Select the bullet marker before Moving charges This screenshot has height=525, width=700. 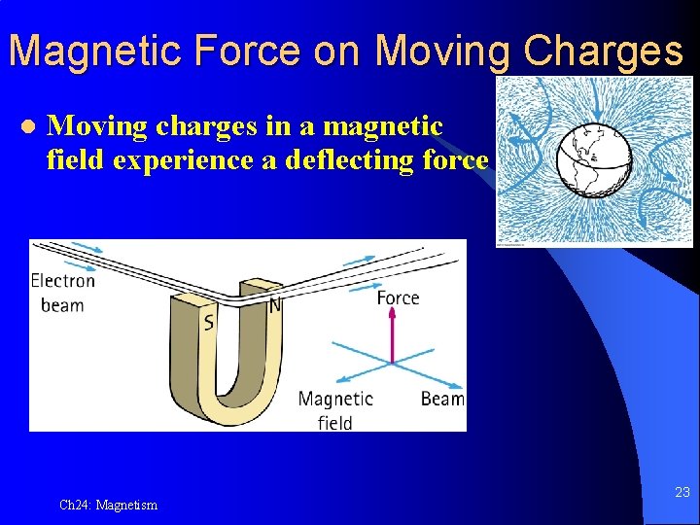tap(27, 127)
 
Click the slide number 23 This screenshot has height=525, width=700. tap(682, 493)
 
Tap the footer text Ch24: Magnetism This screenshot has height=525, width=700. tap(108, 505)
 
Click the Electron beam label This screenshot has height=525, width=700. tap(63, 293)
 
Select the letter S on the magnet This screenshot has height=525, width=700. tap(208, 322)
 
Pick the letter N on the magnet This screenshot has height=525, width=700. tap(274, 305)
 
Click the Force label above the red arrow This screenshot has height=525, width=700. tap(398, 297)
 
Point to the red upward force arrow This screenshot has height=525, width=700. tap(392, 336)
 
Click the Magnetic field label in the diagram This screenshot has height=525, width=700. tap(335, 409)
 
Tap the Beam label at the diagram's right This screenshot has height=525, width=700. tap(441, 399)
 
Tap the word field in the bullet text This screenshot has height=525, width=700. tap(76, 159)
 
